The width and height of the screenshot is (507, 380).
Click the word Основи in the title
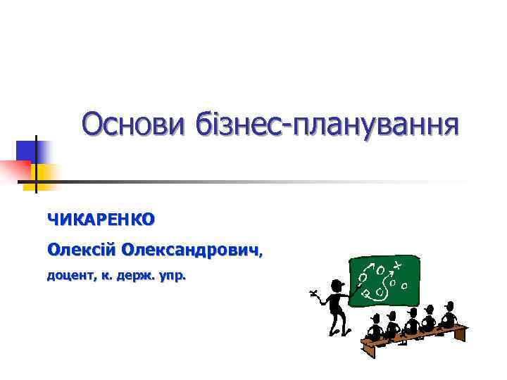[x=132, y=125]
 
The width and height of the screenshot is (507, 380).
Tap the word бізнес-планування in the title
[x=324, y=126]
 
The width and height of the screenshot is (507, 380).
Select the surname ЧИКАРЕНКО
[x=100, y=220]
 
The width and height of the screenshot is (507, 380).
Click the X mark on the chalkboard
[x=398, y=265]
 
